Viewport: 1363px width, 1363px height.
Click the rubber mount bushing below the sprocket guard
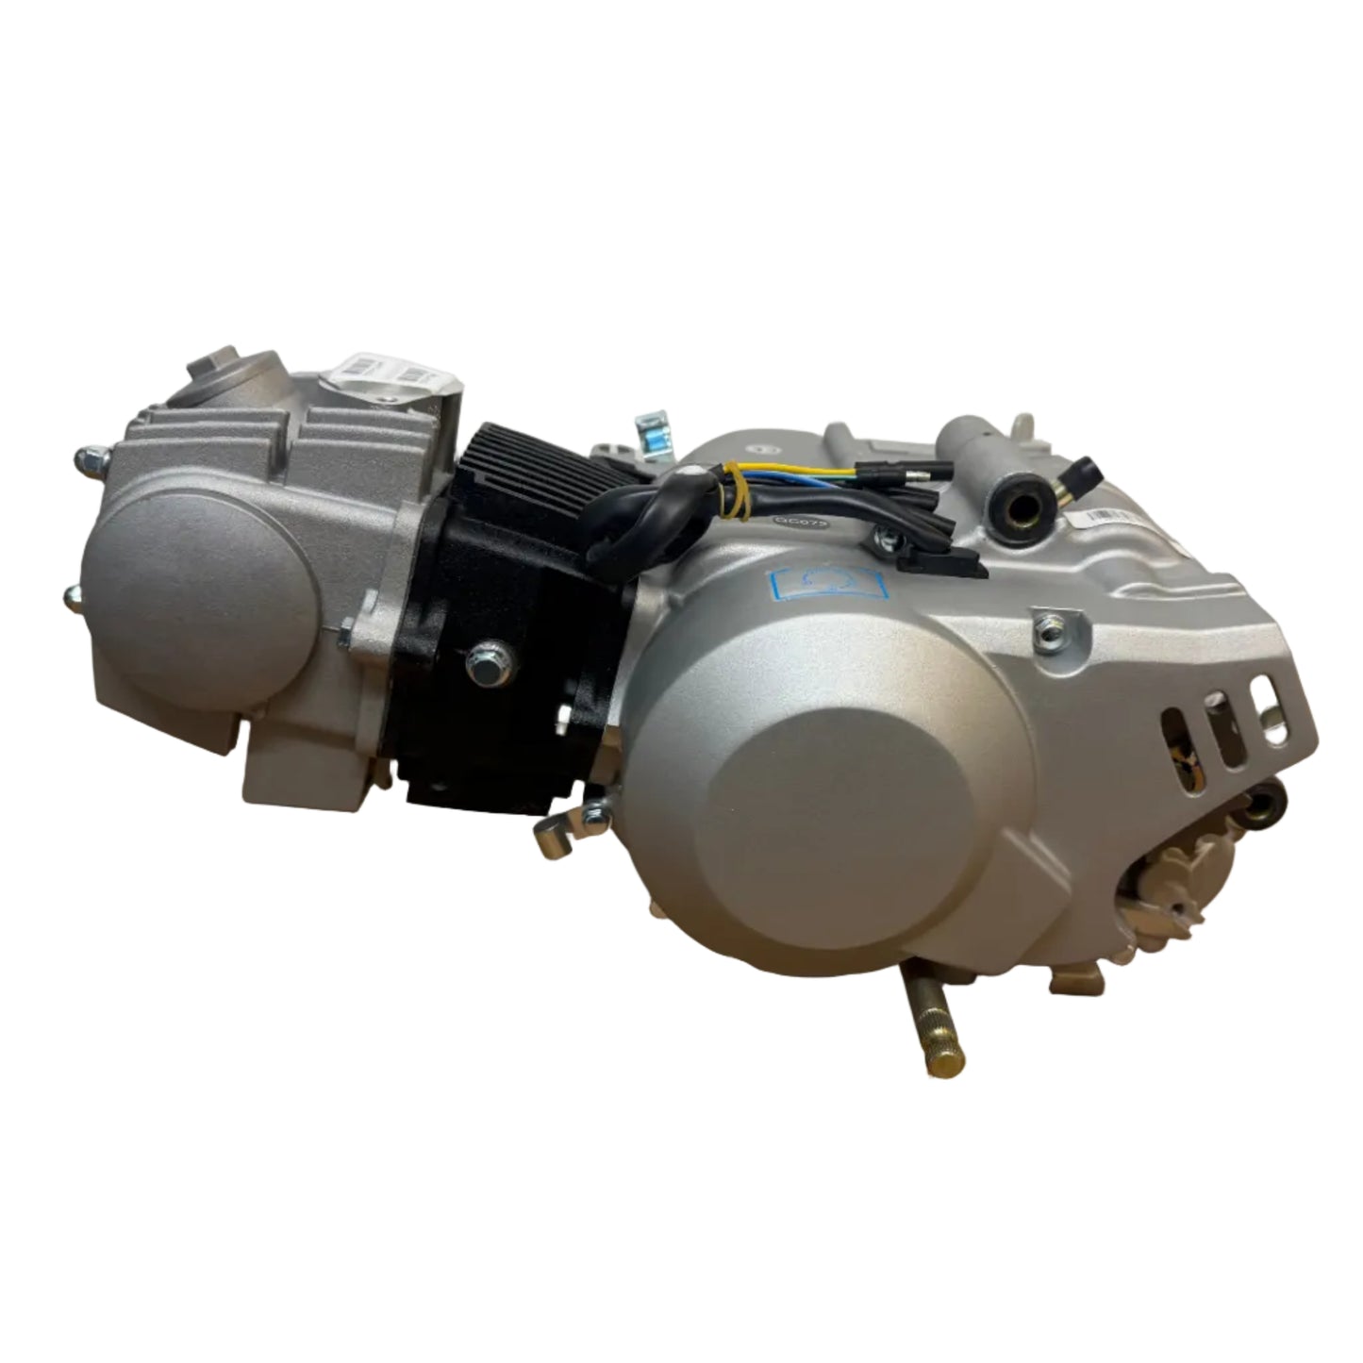pos(1264,807)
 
